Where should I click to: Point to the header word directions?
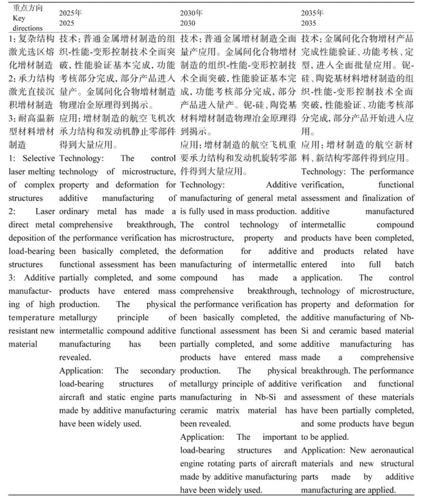(x=28, y=28)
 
